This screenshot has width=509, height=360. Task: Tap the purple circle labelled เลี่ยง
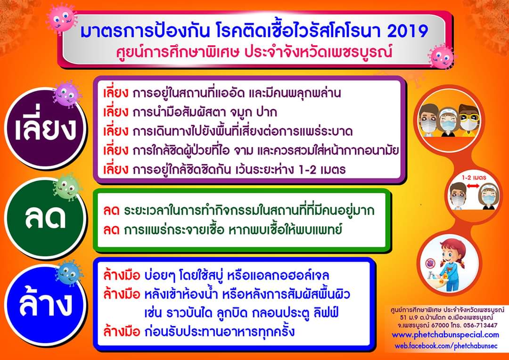pos(45,128)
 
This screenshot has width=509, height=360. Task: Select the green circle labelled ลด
pos(45,218)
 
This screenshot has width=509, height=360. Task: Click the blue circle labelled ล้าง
pos(45,305)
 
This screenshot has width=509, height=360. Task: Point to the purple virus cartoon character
pos(66,94)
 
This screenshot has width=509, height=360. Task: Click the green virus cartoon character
pos(67,187)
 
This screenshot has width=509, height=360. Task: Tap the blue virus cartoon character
pos(69,273)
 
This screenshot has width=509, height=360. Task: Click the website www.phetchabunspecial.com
pos(445,335)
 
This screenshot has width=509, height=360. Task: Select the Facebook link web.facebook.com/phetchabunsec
pos(446,346)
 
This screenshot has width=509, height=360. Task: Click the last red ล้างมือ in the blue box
pos(122,331)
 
